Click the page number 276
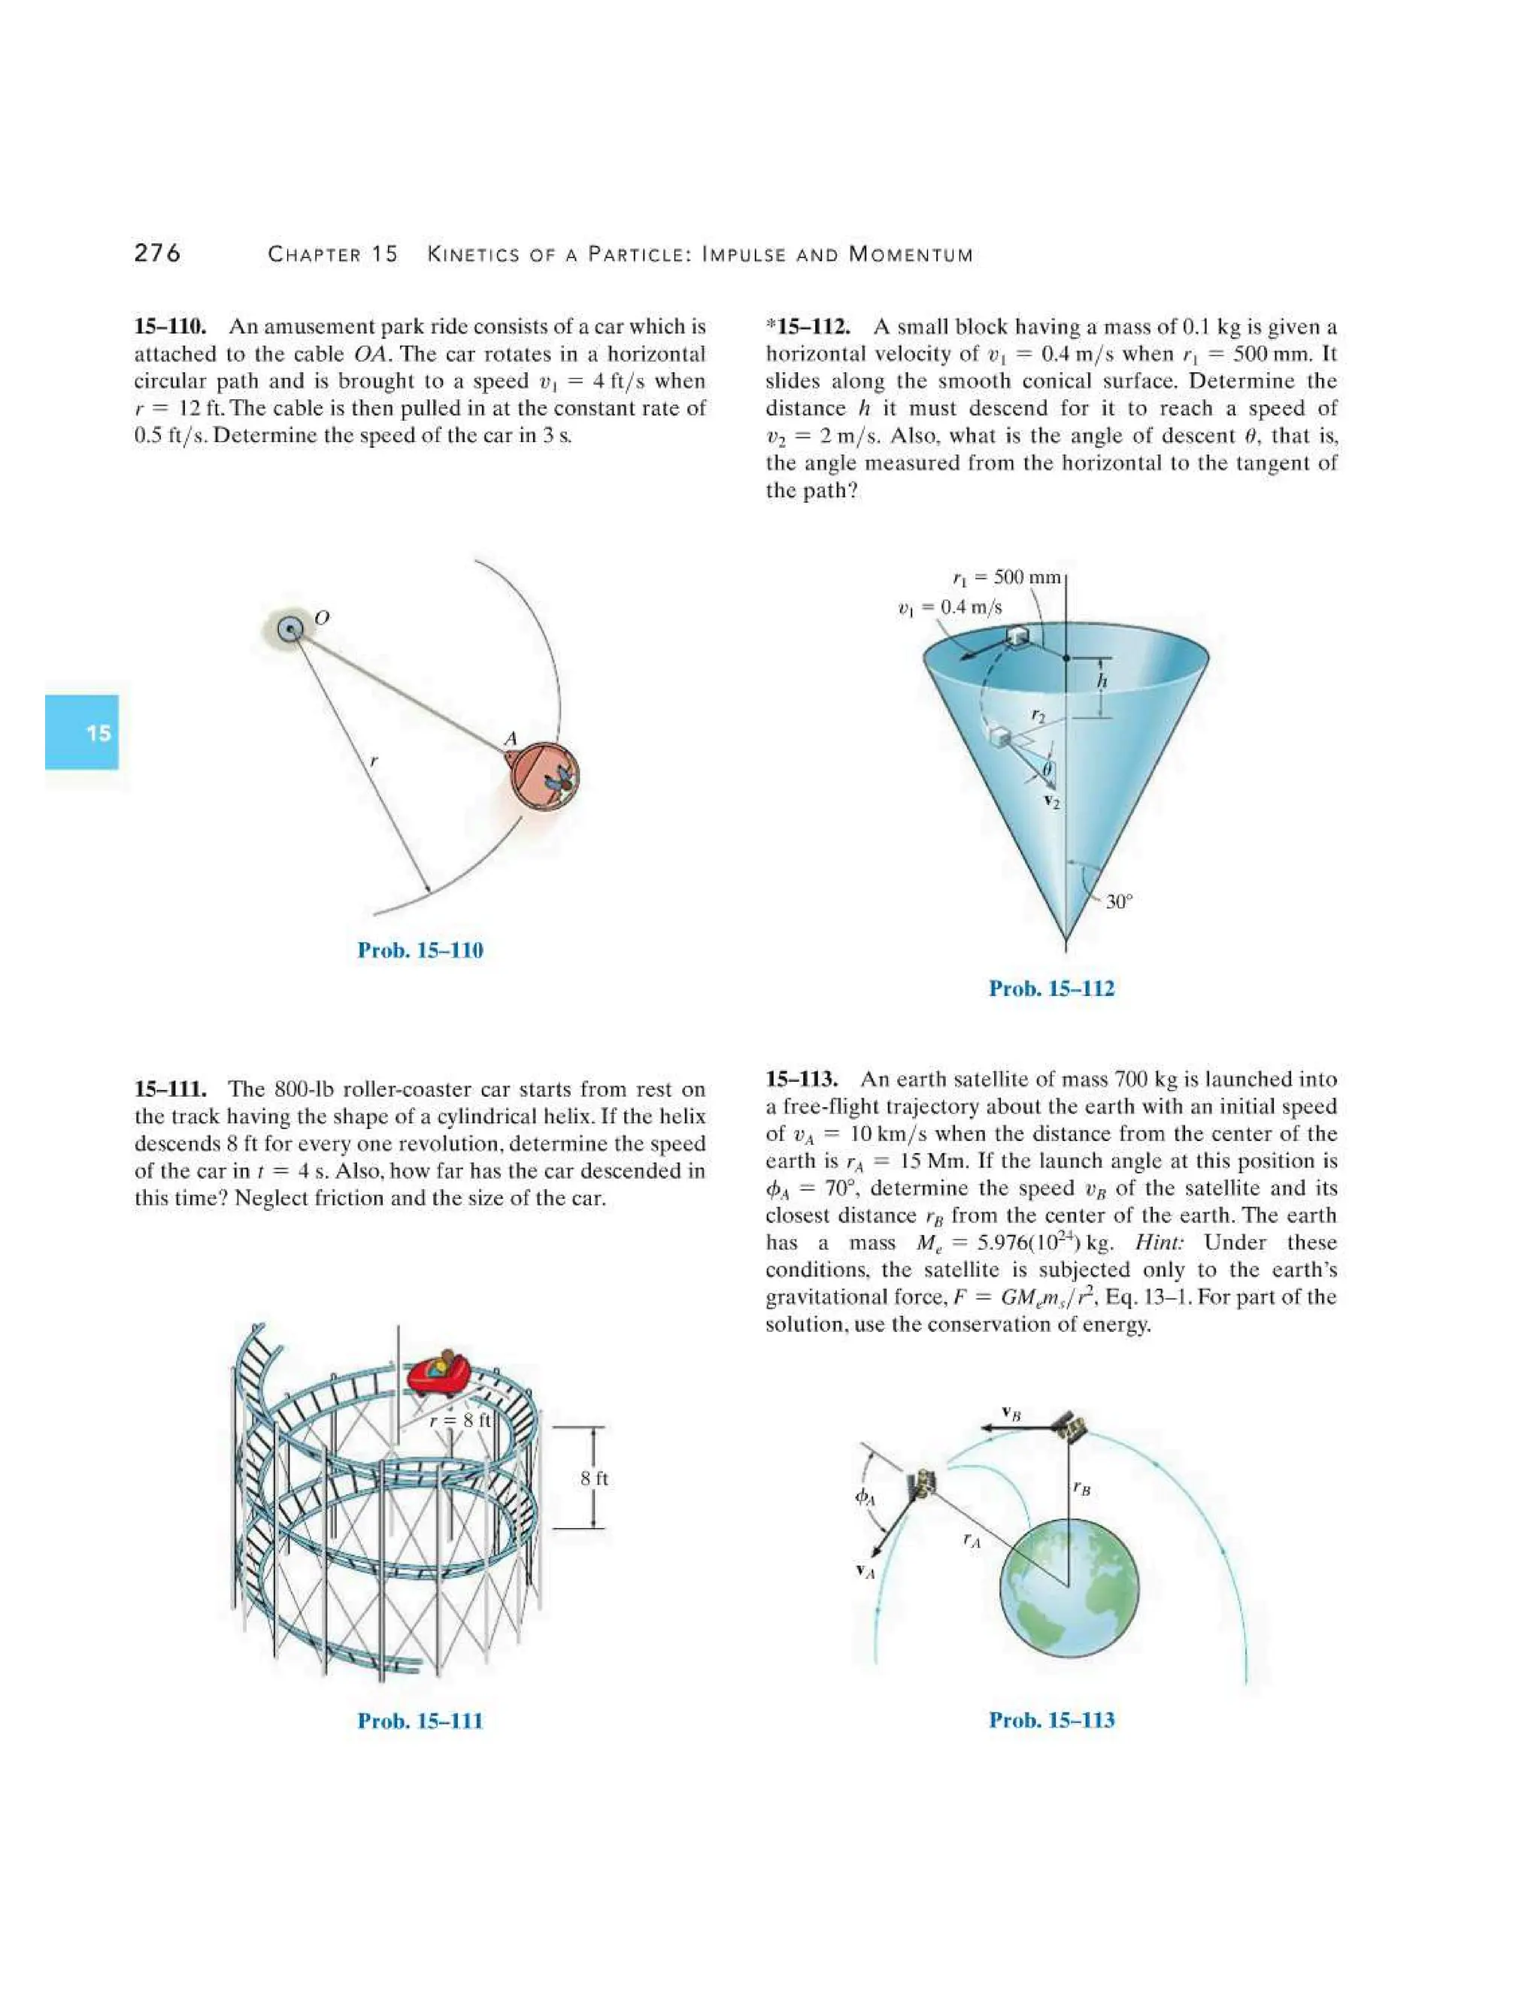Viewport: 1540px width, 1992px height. [157, 253]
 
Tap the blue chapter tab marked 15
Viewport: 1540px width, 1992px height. [82, 732]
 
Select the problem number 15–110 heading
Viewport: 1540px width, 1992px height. [171, 326]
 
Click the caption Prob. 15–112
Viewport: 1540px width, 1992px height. [1051, 988]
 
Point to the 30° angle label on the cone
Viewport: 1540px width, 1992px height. [1118, 902]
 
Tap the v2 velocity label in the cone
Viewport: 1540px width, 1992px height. [1052, 803]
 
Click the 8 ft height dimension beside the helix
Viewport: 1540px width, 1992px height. [594, 1479]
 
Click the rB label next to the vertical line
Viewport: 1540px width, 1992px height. [1082, 1488]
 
